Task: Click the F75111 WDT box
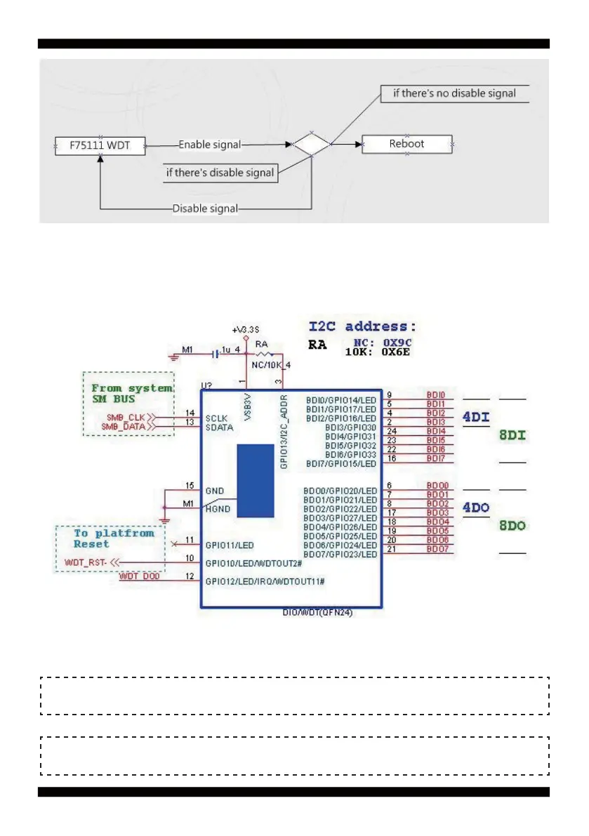coord(101,147)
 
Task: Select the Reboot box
coord(407,144)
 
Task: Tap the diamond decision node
coord(311,145)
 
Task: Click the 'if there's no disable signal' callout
coord(454,93)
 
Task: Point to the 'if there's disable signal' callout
coord(220,173)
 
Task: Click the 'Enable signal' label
coord(210,145)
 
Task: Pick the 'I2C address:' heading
coord(363,326)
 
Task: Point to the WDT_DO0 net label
coord(139,576)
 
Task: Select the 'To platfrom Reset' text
coord(112,538)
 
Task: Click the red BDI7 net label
coord(436,458)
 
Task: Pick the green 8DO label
coord(512,526)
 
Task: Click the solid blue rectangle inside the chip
coord(255,480)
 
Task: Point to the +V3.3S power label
coord(245,330)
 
